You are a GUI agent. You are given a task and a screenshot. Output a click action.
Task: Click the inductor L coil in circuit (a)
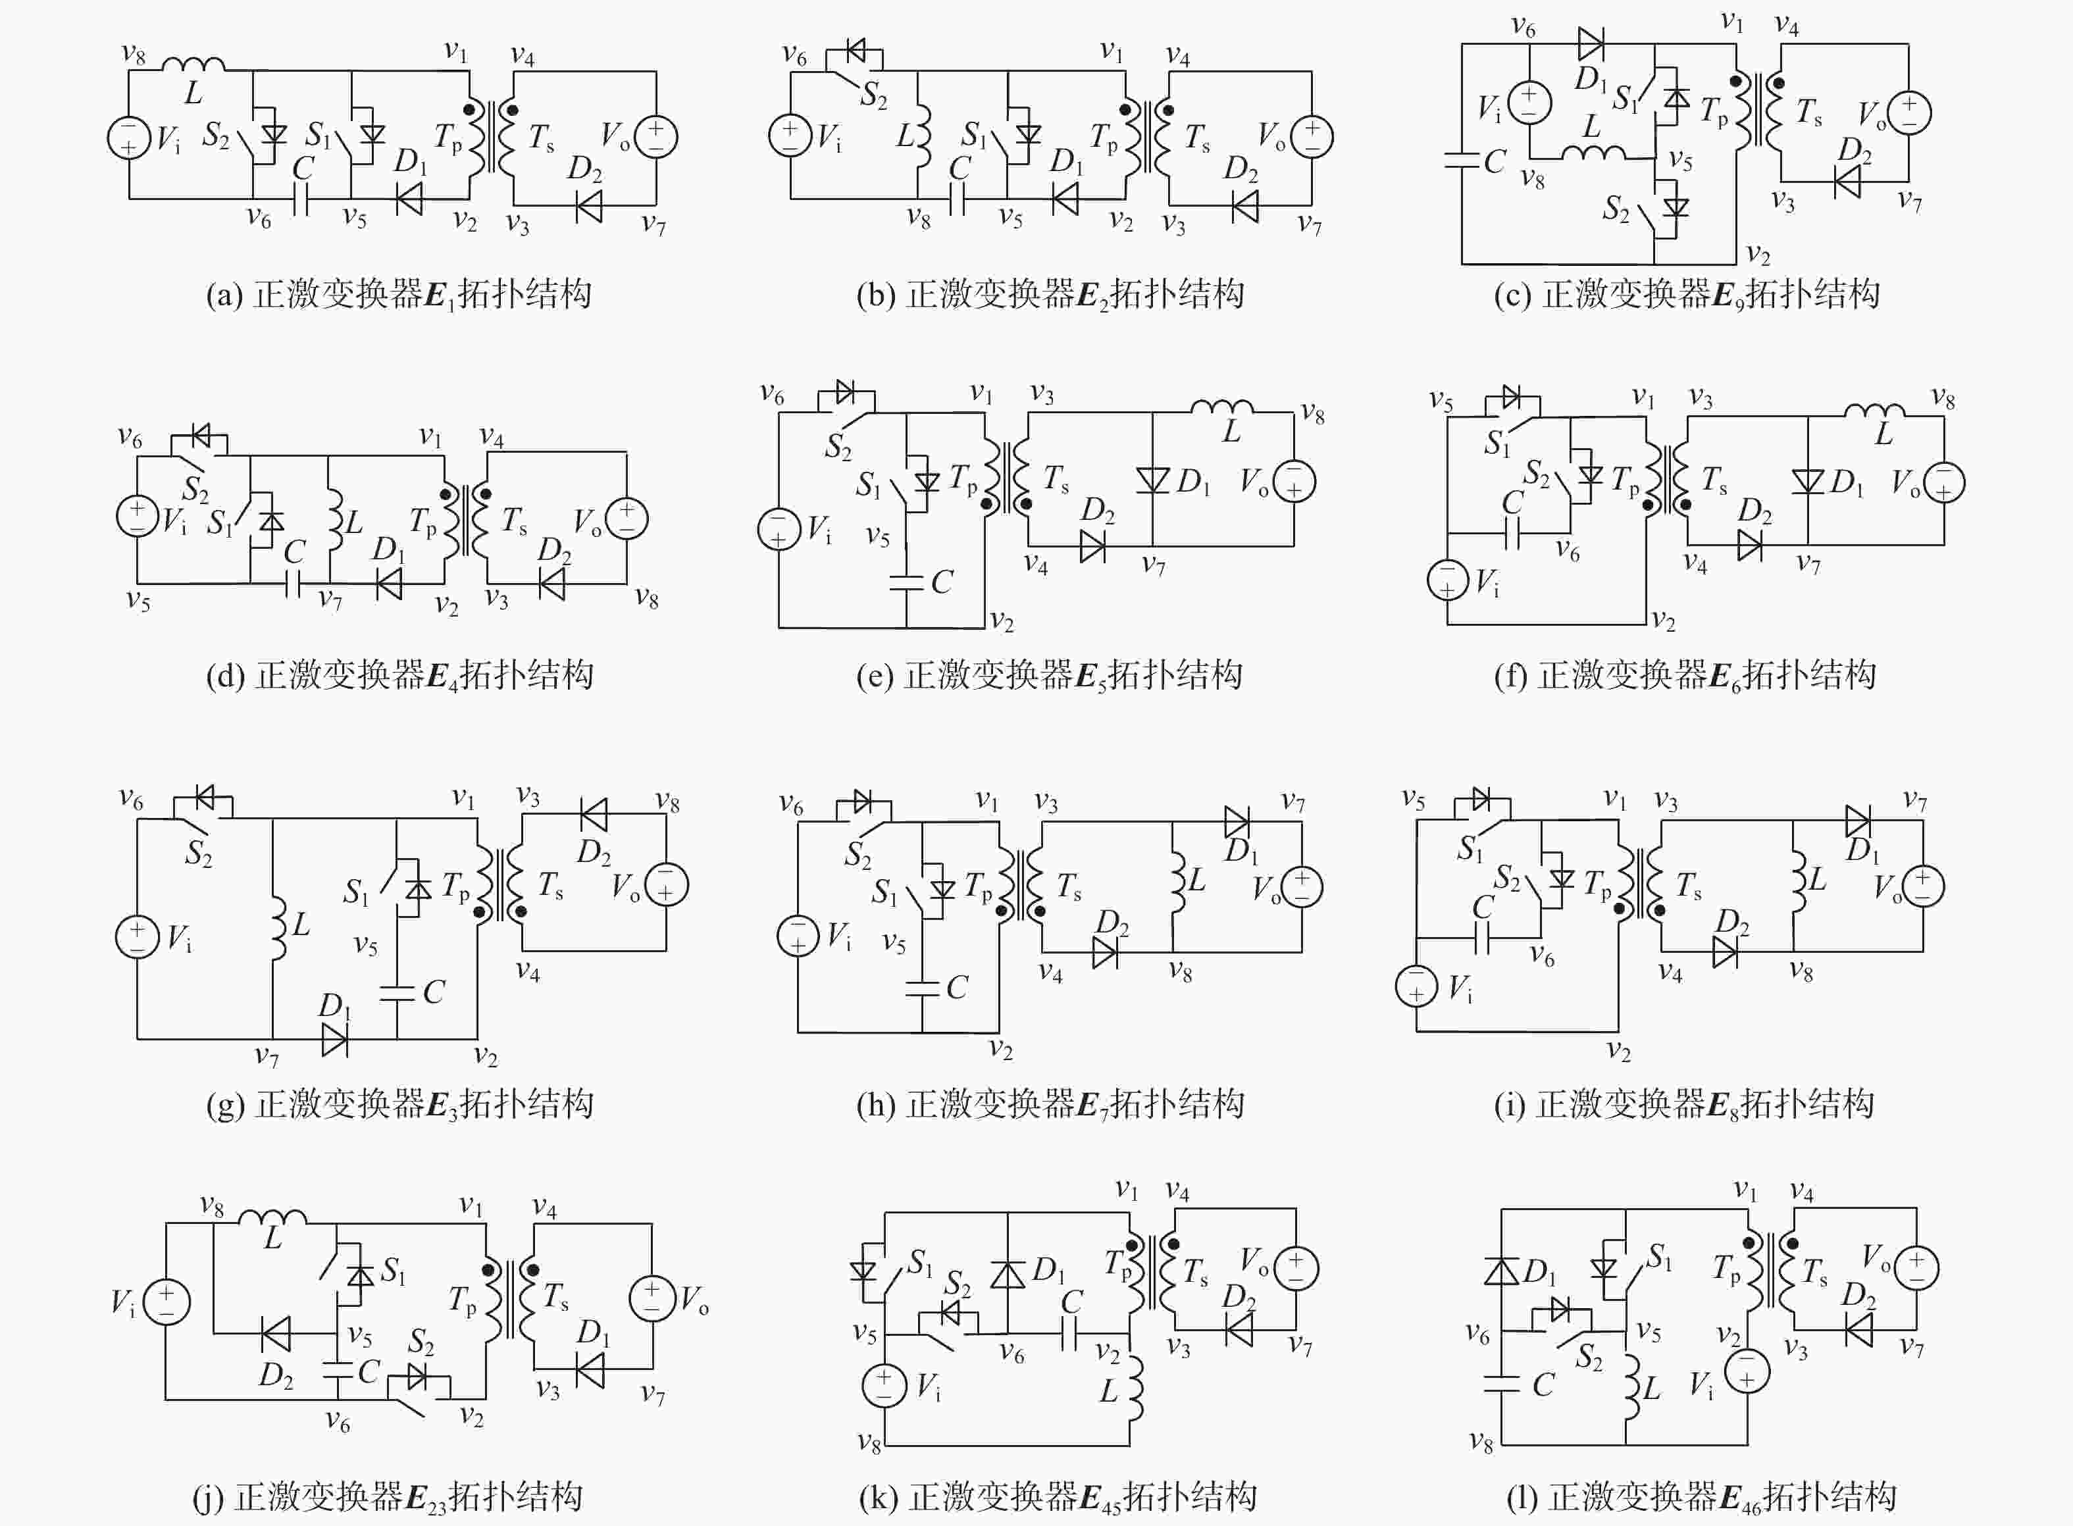coord(193,64)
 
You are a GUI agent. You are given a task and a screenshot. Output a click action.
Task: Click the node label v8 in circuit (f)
coord(1943,399)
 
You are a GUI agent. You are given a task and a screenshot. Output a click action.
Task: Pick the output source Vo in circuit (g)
coord(665,884)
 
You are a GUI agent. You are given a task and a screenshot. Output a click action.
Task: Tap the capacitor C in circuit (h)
coord(922,988)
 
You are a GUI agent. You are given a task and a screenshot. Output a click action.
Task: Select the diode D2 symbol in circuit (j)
coord(276,1334)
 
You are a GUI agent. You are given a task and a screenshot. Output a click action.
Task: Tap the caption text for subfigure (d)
coord(399,675)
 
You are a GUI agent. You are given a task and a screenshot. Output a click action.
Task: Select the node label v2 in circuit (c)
coord(1757,255)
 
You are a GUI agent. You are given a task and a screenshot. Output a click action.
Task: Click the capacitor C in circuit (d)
coord(293,583)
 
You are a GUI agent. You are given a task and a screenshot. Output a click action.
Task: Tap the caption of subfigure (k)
coord(1057,1496)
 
